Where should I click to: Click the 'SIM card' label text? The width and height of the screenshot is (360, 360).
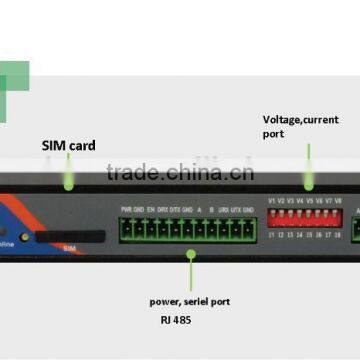pos(69,146)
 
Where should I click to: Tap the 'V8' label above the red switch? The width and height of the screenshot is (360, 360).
pos(340,200)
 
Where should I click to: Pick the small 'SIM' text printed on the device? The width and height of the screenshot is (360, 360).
pos(69,245)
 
